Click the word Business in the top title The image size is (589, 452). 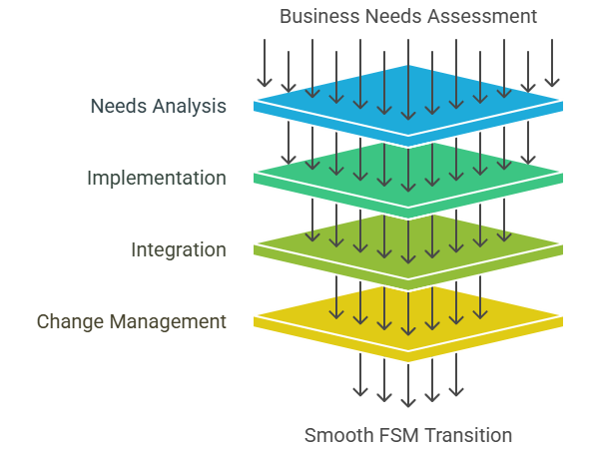(314, 16)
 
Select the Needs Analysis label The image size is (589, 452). (158, 106)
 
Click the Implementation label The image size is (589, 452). (156, 178)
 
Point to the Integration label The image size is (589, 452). (178, 249)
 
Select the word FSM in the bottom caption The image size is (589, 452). (396, 435)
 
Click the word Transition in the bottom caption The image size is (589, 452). (468, 435)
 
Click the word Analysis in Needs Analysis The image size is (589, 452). (190, 106)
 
